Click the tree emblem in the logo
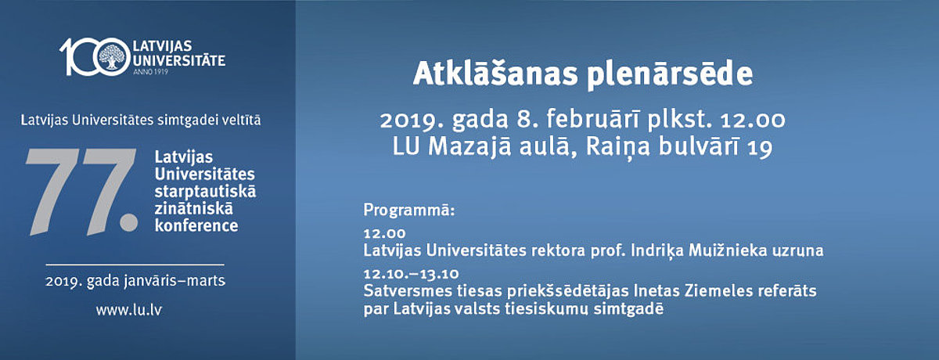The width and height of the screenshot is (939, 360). coord(112,56)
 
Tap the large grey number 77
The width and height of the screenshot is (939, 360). coord(82,191)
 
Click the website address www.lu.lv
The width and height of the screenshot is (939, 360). coord(128,310)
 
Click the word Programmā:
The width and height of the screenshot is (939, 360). coord(408,210)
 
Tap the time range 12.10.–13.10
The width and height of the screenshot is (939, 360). coord(412,274)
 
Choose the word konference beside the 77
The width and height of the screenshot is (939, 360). coord(196,226)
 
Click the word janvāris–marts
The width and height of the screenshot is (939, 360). coord(174,280)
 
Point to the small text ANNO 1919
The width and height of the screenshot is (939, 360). coord(150,72)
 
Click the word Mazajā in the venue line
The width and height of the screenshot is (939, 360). coord(469,146)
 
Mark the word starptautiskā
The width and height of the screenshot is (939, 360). coord(205,192)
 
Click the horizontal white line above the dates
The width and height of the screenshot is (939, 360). coord(135,265)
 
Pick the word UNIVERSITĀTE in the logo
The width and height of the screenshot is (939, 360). coord(179,61)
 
